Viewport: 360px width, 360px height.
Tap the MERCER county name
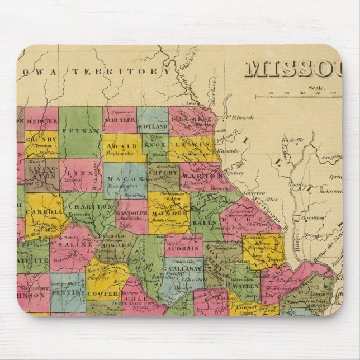(x=41, y=120)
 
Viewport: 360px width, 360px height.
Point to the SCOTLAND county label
(x=152, y=127)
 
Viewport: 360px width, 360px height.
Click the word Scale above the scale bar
(x=317, y=87)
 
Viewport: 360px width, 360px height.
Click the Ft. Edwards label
(x=237, y=117)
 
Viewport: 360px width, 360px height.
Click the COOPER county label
(x=105, y=293)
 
